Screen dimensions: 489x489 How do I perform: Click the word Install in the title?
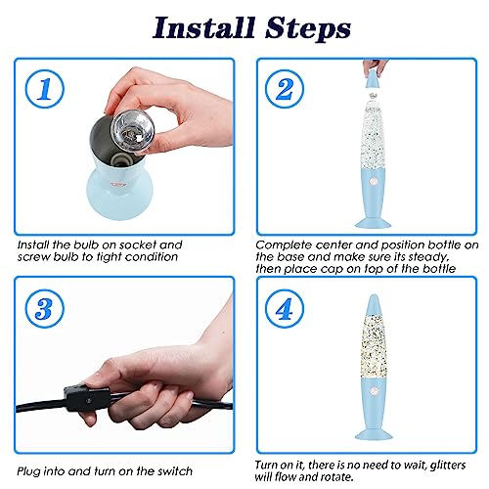203,27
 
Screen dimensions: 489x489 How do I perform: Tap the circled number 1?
45,89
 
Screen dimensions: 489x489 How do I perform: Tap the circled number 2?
285,89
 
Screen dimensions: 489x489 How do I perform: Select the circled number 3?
45,309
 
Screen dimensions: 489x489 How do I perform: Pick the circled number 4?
285,309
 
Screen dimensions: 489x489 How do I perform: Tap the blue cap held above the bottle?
373,78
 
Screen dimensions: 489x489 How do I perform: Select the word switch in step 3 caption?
175,471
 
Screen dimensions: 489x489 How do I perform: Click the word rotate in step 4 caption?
337,477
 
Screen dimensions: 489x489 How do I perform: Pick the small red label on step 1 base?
118,184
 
